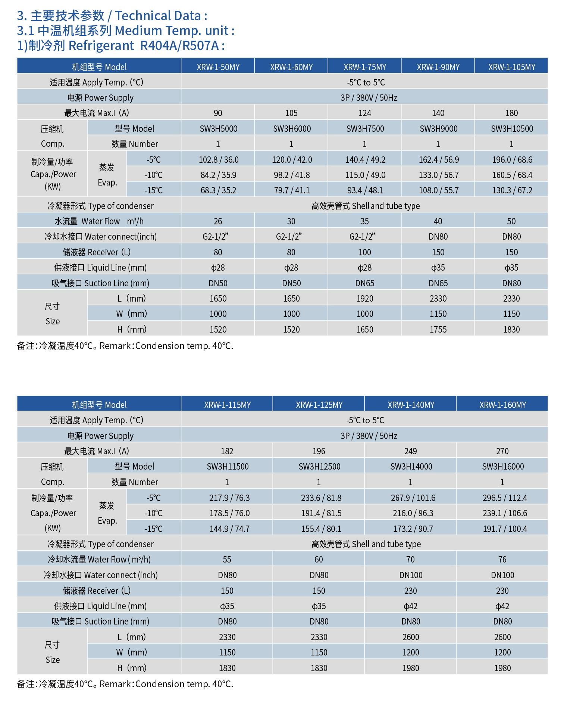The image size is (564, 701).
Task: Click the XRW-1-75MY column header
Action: click(x=364, y=67)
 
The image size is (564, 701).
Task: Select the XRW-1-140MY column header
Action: click(x=411, y=405)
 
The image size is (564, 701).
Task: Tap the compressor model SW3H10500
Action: click(x=512, y=129)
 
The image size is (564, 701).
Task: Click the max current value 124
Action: click(x=364, y=113)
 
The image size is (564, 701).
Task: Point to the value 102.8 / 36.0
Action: click(x=218, y=160)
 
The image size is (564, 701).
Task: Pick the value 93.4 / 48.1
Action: click(x=365, y=190)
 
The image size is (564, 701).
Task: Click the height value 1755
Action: click(x=438, y=330)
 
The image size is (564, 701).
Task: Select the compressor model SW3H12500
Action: click(x=319, y=467)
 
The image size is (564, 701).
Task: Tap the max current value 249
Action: click(x=410, y=451)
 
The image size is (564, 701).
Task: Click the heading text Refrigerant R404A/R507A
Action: click(x=147, y=46)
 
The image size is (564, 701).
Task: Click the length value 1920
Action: click(x=364, y=299)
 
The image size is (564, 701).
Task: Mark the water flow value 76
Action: click(x=502, y=560)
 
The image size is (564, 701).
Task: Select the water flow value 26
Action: click(x=218, y=221)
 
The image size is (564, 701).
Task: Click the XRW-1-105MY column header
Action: click(x=511, y=67)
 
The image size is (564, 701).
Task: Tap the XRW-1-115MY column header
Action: click(x=227, y=405)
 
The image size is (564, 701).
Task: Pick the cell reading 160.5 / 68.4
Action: click(x=512, y=175)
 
